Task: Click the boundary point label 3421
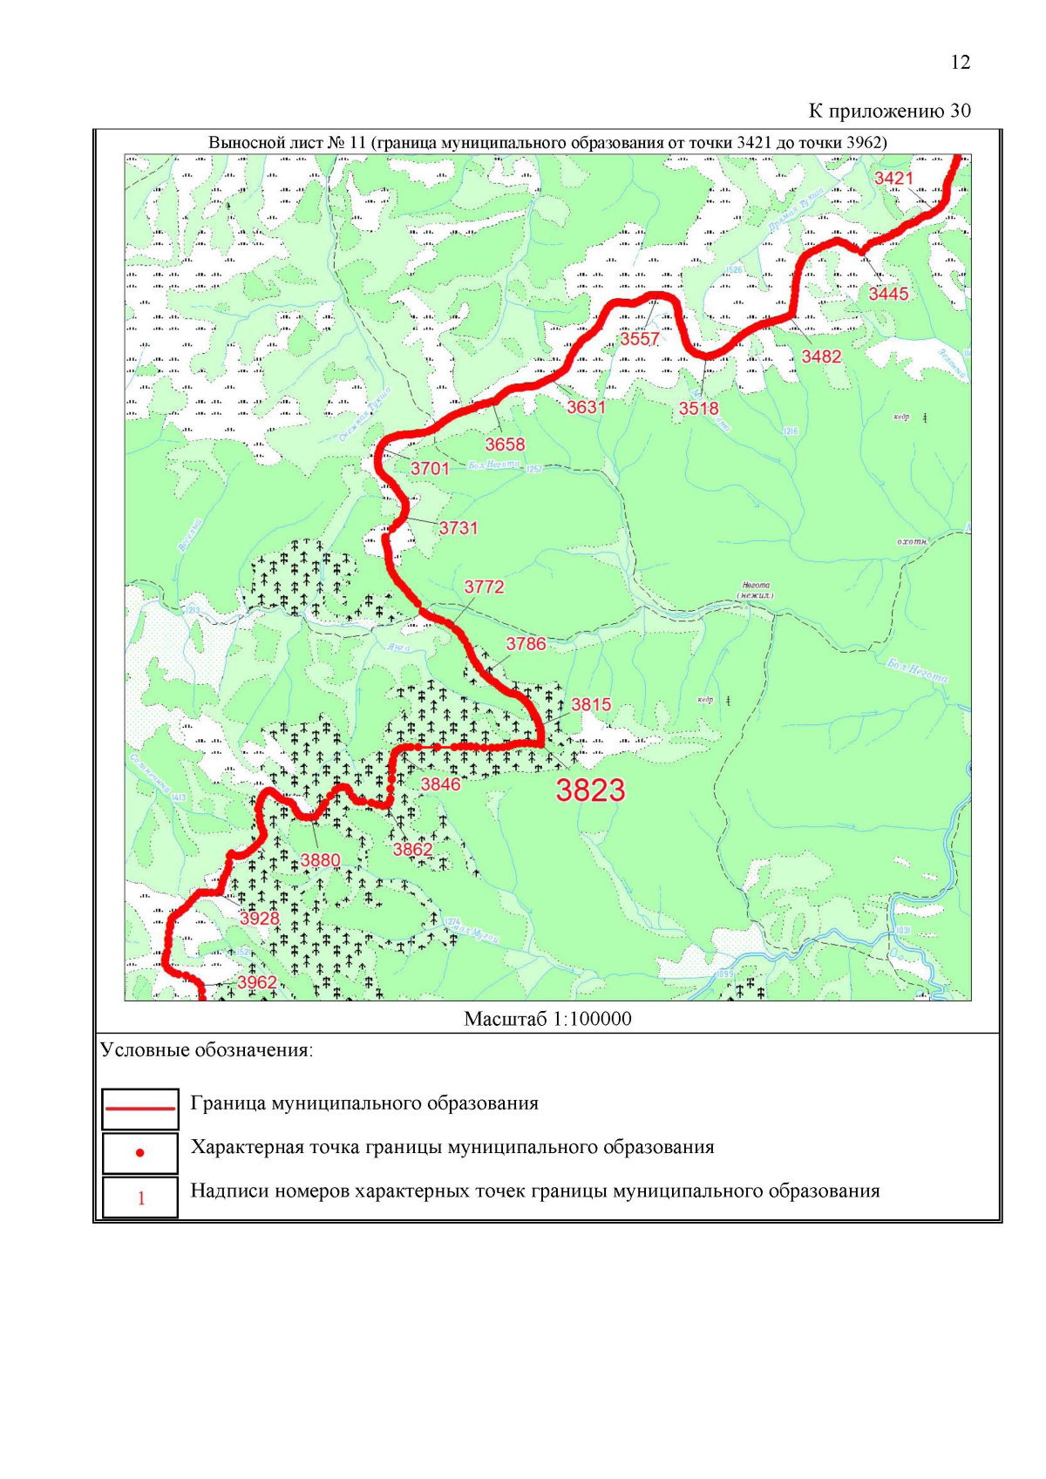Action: (x=893, y=179)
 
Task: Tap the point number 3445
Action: (x=888, y=294)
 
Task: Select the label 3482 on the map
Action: (x=821, y=356)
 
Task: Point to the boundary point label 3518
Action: (x=698, y=408)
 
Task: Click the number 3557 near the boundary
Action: (x=639, y=339)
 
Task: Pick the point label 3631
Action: (x=586, y=407)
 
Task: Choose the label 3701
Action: (x=430, y=469)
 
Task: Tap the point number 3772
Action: (x=484, y=587)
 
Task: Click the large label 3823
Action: (x=590, y=790)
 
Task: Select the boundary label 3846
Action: (x=440, y=784)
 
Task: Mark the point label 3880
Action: (x=320, y=861)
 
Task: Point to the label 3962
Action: (x=257, y=982)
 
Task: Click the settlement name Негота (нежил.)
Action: (x=756, y=590)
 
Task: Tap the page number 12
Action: (x=960, y=63)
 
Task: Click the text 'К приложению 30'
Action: (x=889, y=111)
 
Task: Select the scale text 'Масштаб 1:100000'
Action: (x=547, y=1019)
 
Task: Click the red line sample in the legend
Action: (x=139, y=1109)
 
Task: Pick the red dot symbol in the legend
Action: (x=139, y=1153)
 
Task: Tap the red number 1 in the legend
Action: (x=140, y=1198)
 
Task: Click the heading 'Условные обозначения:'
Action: (x=207, y=1050)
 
